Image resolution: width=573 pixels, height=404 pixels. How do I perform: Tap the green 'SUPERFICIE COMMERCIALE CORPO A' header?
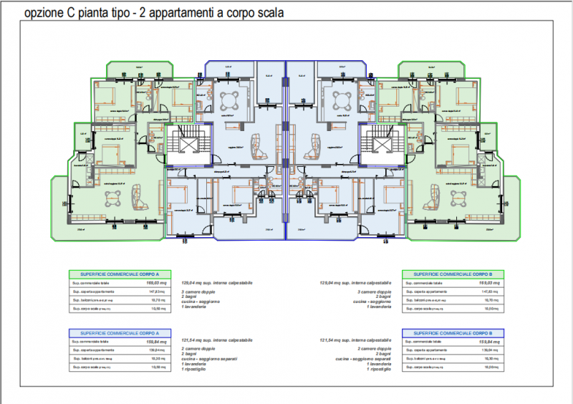coord(115,274)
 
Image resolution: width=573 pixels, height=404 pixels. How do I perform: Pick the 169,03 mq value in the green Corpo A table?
coord(145,284)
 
